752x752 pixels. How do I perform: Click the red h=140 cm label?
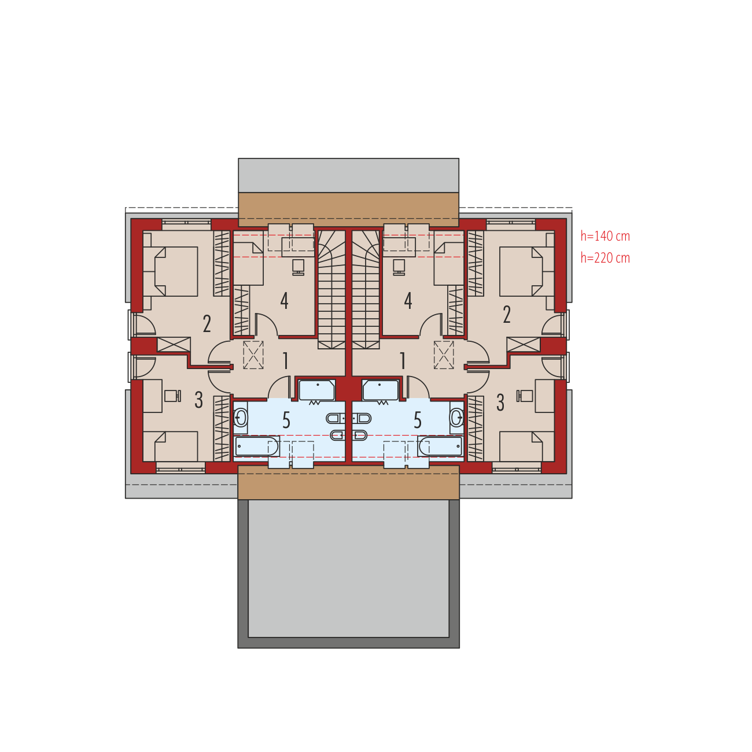click(x=604, y=236)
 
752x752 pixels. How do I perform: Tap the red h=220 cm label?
click(x=604, y=258)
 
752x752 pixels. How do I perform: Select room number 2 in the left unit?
click(x=207, y=323)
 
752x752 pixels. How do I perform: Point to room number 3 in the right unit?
click(x=500, y=403)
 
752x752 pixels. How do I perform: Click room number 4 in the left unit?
click(x=285, y=300)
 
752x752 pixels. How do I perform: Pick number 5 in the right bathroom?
click(x=418, y=421)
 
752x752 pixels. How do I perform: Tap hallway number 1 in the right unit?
click(x=403, y=360)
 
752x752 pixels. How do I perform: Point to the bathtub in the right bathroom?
click(x=440, y=446)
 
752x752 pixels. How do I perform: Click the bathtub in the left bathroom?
click(x=256, y=446)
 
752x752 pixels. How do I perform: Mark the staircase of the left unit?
click(x=331, y=289)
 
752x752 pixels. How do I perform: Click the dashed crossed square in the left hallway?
click(x=253, y=355)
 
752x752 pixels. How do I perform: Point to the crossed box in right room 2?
click(x=524, y=345)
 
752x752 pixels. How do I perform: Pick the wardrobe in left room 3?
click(x=222, y=429)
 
